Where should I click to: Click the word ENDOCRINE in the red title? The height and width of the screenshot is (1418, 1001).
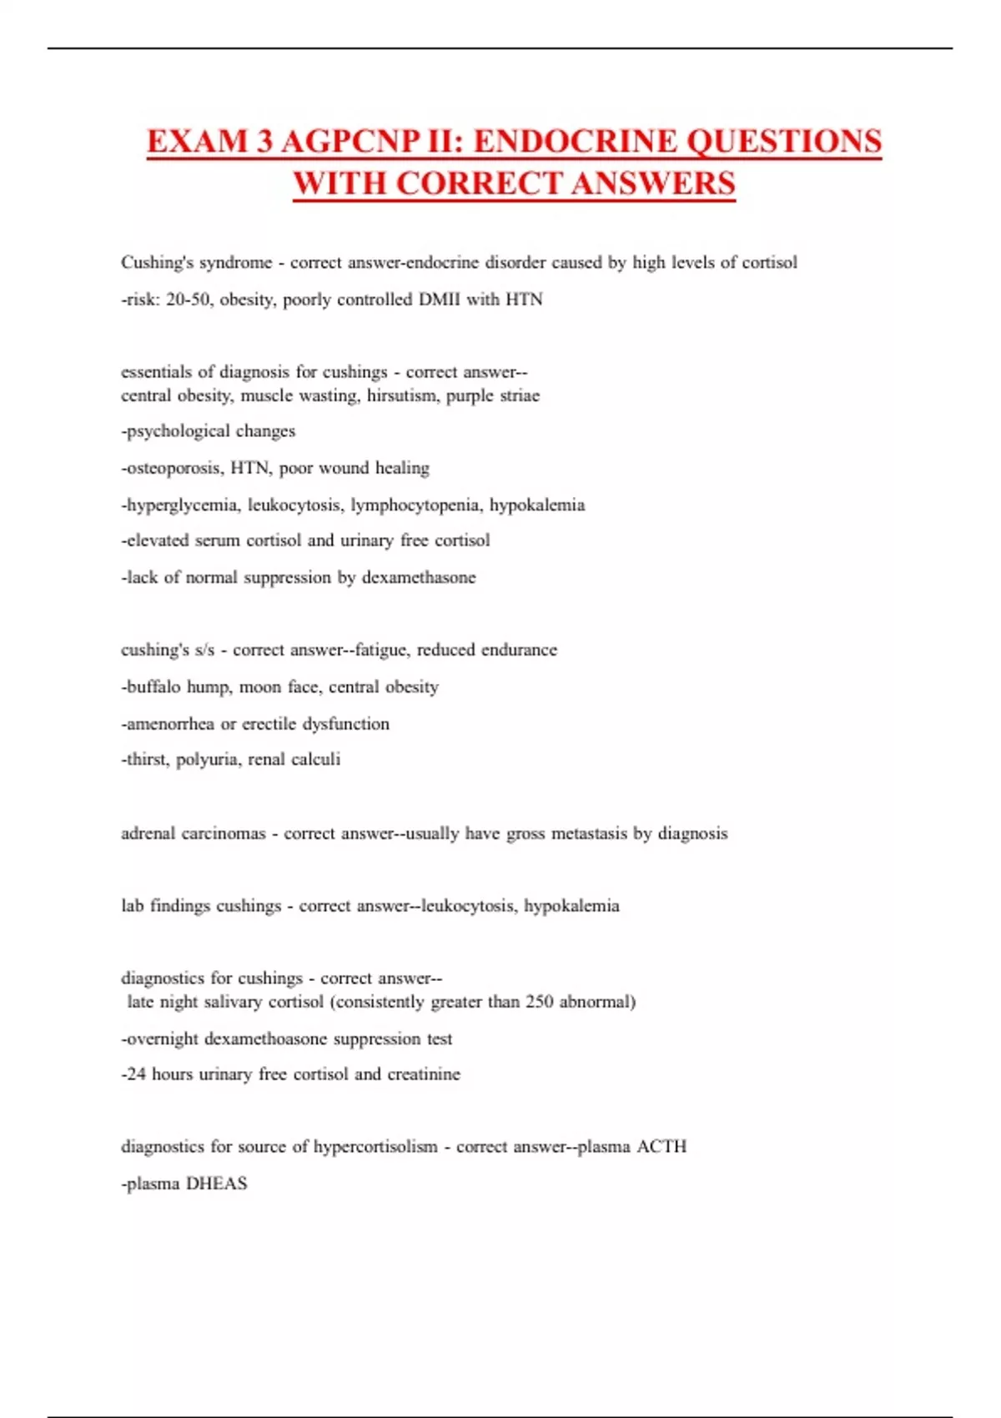tap(574, 141)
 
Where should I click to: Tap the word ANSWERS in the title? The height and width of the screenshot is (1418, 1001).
tap(652, 184)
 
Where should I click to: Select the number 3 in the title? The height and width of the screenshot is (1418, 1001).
tap(264, 141)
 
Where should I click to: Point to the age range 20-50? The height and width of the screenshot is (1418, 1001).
tap(188, 299)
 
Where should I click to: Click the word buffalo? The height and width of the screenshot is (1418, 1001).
tap(153, 686)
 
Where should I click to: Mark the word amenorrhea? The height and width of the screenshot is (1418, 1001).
tap(170, 723)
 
